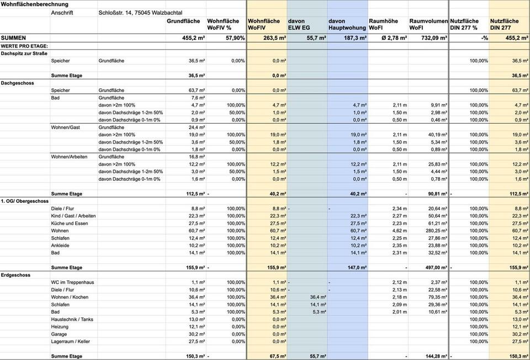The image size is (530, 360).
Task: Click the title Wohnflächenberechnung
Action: (x=35, y=4)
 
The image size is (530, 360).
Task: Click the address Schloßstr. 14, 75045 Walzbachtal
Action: (x=140, y=12)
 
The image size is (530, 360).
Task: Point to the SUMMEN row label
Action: (x=14, y=38)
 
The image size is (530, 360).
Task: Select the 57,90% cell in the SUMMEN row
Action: (x=235, y=38)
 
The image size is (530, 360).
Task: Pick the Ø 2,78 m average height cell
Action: (x=391, y=38)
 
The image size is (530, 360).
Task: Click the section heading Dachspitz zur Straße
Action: (x=24, y=53)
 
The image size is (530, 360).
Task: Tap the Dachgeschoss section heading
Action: (x=18, y=83)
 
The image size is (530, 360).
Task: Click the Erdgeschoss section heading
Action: (x=15, y=275)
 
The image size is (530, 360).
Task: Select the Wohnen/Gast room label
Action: (x=65, y=127)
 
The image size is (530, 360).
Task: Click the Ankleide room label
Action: (x=61, y=245)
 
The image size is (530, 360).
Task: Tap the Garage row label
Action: (x=59, y=334)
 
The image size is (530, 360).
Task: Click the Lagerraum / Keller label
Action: (x=71, y=341)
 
